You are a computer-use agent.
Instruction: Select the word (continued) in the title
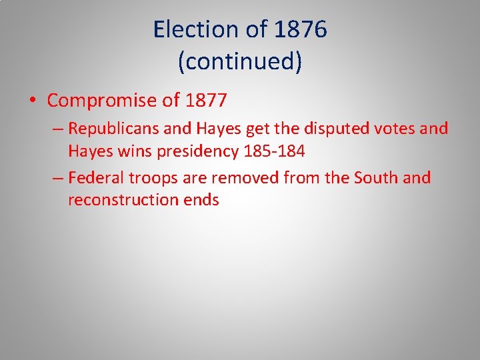[x=240, y=61]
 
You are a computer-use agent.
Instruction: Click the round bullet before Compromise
[x=32, y=101]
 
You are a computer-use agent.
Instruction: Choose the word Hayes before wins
[x=90, y=151]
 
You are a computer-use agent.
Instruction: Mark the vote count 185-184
[x=275, y=151]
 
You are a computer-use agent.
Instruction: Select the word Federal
[x=95, y=178]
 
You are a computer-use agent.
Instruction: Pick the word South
[x=376, y=178]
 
